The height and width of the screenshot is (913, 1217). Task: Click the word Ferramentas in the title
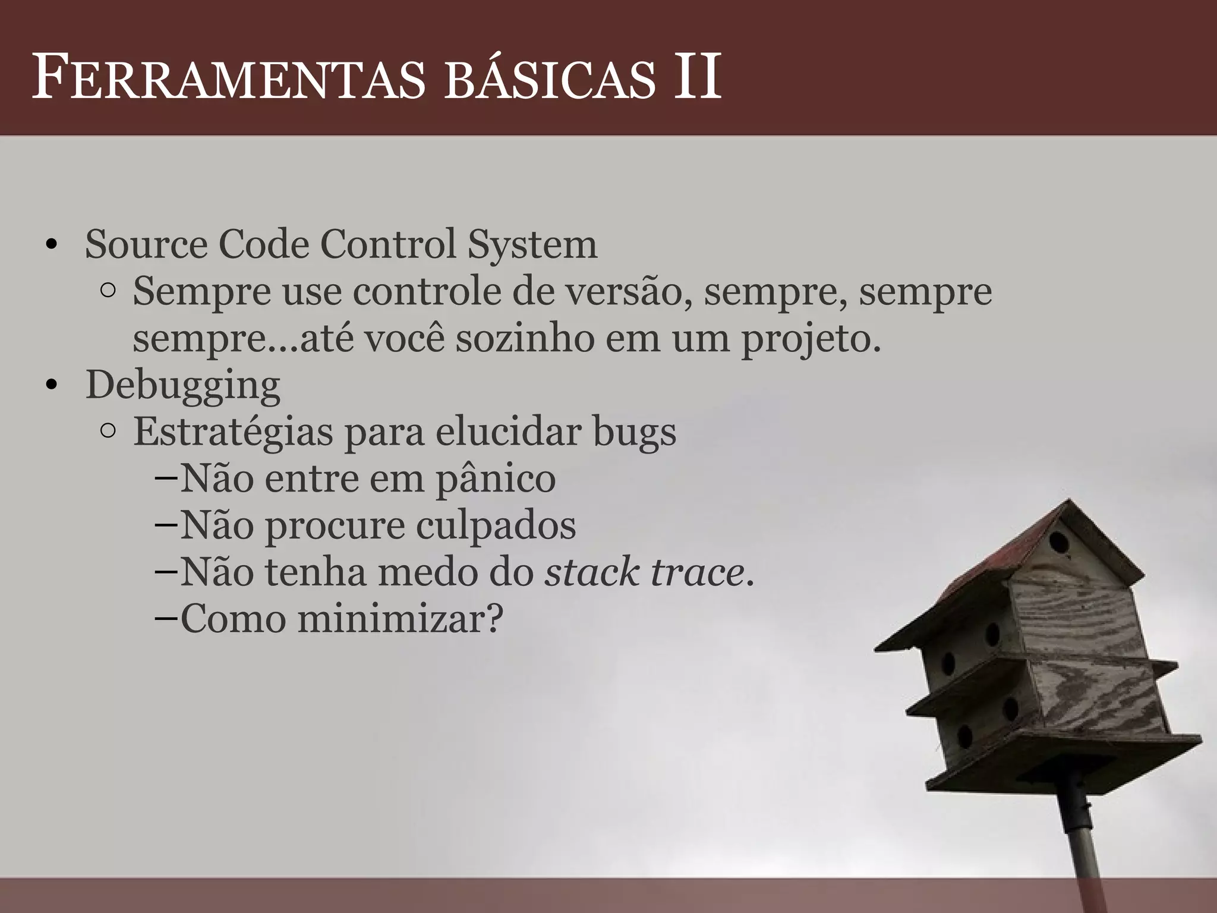pos(229,78)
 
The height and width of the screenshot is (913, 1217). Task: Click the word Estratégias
pos(232,432)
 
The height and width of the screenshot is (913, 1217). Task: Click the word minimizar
pos(400,619)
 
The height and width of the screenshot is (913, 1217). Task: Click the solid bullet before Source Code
pos(51,246)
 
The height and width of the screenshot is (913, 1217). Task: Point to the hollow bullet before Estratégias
pos(108,432)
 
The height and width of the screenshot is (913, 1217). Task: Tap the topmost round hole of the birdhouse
pos(1058,543)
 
